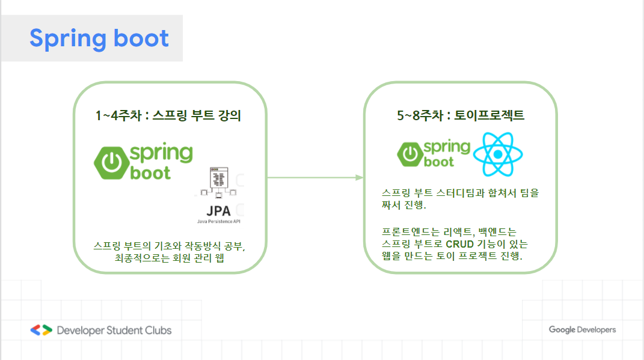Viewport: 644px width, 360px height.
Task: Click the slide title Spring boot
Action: point(99,38)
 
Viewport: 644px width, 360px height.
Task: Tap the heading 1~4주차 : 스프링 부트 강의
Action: point(168,115)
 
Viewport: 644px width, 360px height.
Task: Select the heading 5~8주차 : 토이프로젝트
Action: point(461,115)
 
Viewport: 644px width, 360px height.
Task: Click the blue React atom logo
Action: point(498,154)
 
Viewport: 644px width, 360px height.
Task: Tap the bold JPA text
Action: point(218,211)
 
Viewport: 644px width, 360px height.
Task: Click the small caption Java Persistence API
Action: point(219,222)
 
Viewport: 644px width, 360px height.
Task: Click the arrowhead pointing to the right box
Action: point(360,177)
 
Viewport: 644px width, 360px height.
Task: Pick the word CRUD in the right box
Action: point(459,244)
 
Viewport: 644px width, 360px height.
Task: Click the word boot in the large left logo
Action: point(150,172)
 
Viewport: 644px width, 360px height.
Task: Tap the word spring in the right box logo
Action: point(447,146)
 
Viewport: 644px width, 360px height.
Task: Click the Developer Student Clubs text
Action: point(114,330)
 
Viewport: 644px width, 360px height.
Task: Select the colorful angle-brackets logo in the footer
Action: point(41,330)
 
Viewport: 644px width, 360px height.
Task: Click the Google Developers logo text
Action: point(582,329)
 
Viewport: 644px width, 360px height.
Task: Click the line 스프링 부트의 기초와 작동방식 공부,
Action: point(170,246)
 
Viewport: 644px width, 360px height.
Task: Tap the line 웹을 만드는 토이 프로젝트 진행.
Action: point(452,256)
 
